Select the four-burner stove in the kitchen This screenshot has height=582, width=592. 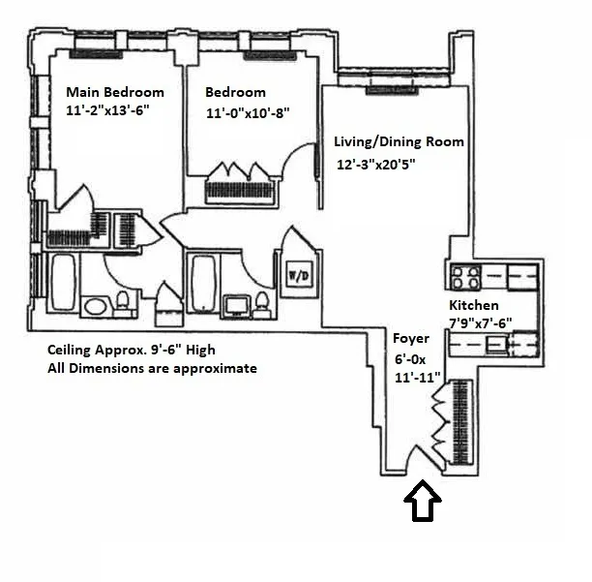(465, 278)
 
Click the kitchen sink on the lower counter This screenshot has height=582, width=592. (499, 342)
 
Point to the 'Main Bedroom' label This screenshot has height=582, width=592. (114, 92)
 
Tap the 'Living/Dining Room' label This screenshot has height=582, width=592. (399, 141)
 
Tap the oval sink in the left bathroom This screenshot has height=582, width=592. (96, 307)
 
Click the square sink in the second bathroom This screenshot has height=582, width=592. (235, 306)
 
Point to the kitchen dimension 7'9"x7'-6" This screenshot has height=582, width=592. (480, 323)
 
